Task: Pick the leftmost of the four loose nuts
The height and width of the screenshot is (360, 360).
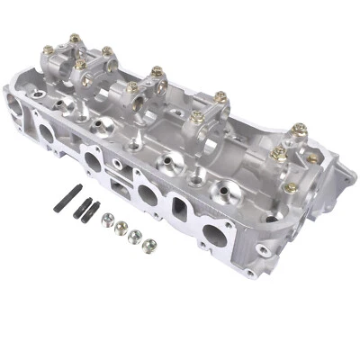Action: click(107, 219)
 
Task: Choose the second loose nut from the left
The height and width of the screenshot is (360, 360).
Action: click(119, 225)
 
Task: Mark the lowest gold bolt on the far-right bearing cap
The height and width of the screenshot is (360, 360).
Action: click(291, 187)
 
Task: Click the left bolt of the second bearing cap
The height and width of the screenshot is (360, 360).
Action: click(132, 87)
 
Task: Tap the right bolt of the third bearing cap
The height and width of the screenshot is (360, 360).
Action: click(220, 95)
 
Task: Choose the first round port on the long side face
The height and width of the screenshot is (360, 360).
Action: click(45, 135)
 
